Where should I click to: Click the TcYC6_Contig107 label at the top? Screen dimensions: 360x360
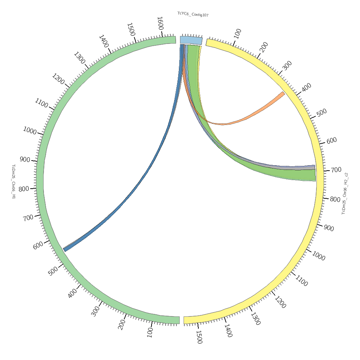coord(193,14)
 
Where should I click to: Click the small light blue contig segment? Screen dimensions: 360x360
coord(191,40)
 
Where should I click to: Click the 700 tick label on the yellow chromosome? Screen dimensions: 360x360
coord(336,170)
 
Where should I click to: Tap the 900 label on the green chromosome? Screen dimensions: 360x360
coord(25,159)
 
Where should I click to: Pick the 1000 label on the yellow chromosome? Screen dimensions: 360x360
coord(318,256)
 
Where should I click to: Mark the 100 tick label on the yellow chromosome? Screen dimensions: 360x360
coord(237,33)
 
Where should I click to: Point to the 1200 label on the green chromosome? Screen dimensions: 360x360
coord(58,79)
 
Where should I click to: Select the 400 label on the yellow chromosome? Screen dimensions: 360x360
coord(306,87)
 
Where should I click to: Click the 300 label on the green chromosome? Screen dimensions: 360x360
coord(95,311)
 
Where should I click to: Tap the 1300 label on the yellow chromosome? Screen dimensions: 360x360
coord(255,319)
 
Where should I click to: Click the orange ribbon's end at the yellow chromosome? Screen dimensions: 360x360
coord(283,94)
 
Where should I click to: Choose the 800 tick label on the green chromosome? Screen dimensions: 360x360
coord(24,188)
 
